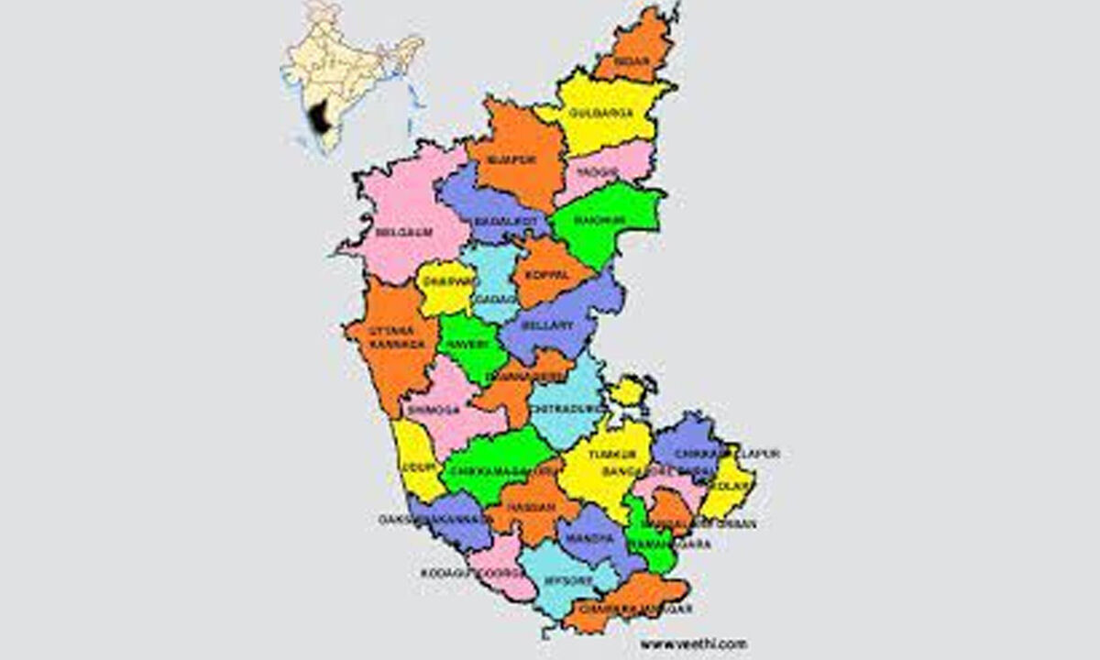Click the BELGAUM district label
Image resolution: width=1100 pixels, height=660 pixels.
click(403, 232)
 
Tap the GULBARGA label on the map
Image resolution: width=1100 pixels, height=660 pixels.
click(600, 113)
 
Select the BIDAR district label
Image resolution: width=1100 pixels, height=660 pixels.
click(633, 61)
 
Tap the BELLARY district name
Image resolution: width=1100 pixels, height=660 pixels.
click(547, 324)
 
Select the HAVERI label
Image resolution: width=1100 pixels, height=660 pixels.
click(465, 346)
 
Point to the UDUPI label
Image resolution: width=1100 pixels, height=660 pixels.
click(416, 467)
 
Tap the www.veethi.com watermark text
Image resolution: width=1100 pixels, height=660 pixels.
click(693, 643)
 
